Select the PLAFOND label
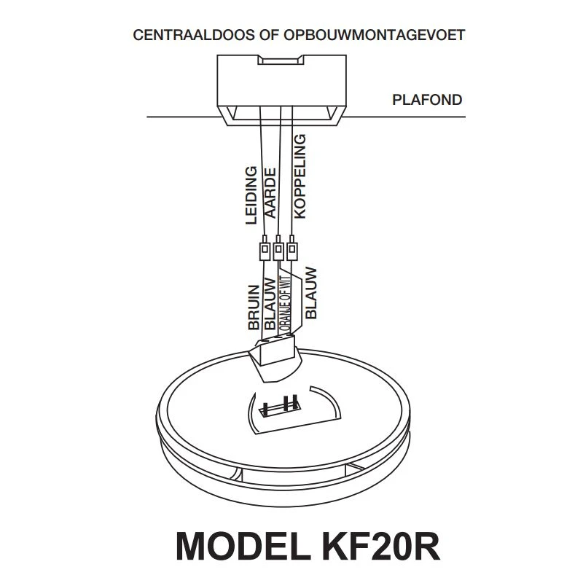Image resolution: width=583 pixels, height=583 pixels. click(427, 100)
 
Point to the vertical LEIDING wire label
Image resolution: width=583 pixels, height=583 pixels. click(251, 195)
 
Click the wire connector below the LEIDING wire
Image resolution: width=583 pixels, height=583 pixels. click(264, 251)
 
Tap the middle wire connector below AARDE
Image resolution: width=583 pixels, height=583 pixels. click(278, 251)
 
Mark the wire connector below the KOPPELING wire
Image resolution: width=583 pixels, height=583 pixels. click(291, 251)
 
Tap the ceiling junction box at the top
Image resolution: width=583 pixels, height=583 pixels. click(281, 87)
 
